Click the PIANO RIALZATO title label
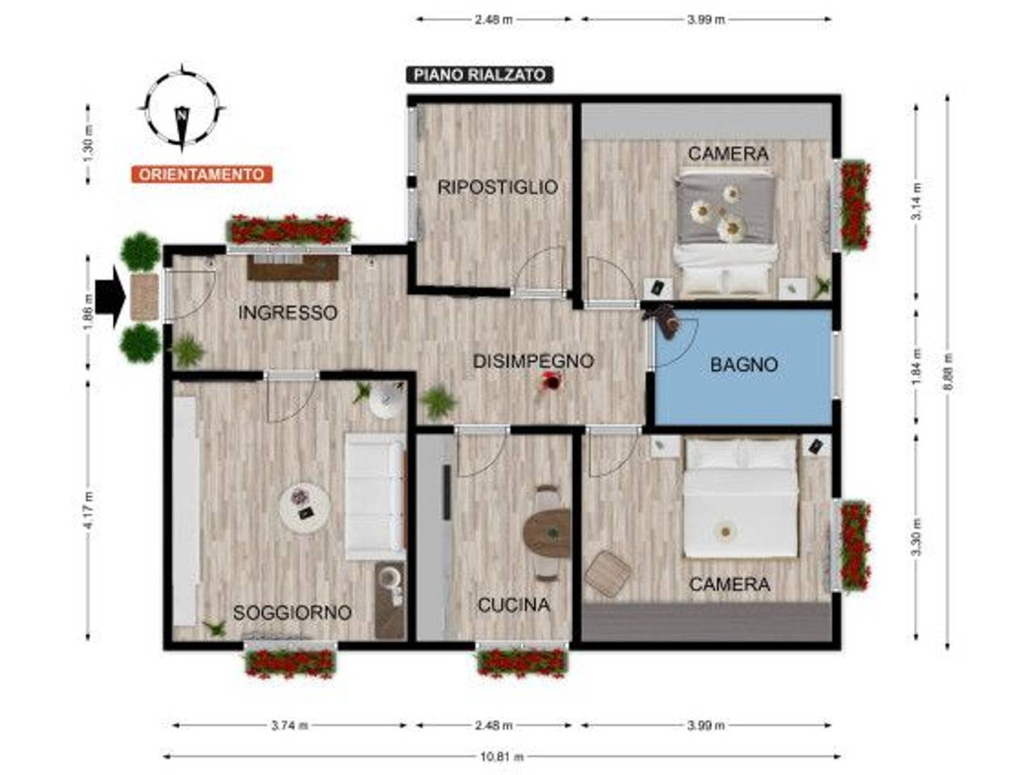pos(480,75)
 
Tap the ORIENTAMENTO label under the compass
pos(201,174)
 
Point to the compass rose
pos(183,110)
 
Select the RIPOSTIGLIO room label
pos(498,187)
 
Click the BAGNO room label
pos(744,365)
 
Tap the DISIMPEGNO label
pos(533,361)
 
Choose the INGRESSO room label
pos(288,312)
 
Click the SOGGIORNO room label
pos(292,613)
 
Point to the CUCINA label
pos(514,605)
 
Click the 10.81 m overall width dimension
pos(502,757)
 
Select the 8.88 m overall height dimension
pos(948,372)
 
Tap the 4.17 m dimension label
pos(88,510)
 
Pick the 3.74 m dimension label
pos(290,725)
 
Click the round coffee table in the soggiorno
pos(305,506)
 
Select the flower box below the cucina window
pos(522,663)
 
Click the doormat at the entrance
pos(145,297)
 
